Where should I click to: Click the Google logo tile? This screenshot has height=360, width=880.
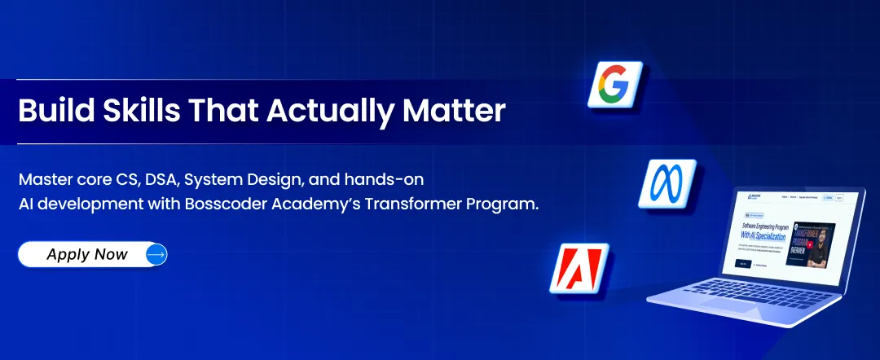pos(616,84)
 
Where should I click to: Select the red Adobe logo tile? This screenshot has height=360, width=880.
pos(579,268)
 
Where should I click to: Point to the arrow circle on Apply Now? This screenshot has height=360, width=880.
pos(156,254)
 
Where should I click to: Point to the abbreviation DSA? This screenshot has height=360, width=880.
pos(149,178)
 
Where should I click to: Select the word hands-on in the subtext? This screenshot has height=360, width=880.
pos(389,178)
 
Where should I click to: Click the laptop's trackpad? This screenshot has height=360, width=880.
pos(717,307)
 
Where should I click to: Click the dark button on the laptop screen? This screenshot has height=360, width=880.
pos(742,262)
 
